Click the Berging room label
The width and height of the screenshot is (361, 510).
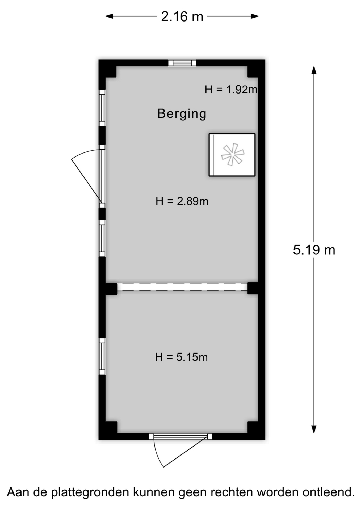click(182, 114)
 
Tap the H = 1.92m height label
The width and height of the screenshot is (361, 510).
click(231, 89)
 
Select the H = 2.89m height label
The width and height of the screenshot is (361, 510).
click(182, 201)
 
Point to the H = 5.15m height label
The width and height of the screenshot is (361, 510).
click(181, 357)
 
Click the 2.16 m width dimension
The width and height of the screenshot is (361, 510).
click(182, 16)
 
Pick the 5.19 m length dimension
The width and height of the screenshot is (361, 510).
click(314, 250)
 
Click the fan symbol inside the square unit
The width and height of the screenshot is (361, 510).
click(233, 154)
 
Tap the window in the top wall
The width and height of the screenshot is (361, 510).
click(182, 63)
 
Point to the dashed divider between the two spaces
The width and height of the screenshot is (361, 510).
click(182, 287)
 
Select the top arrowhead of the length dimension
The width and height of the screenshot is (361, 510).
click(314, 70)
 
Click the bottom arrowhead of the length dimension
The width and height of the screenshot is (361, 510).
click(314, 429)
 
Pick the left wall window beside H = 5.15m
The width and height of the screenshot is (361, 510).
click(102, 356)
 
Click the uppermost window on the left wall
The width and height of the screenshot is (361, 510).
click(102, 108)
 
